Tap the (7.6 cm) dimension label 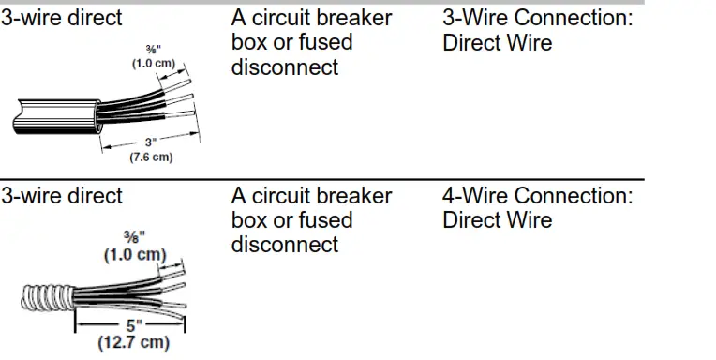click(x=150, y=157)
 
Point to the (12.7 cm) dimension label click(x=133, y=342)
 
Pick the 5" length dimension click(x=132, y=326)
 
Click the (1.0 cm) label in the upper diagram click(x=153, y=63)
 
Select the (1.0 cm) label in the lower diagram click(x=132, y=255)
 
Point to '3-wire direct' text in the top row click(x=62, y=18)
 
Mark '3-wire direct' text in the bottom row click(x=62, y=196)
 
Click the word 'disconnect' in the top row click(x=284, y=67)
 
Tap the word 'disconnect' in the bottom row click(x=284, y=245)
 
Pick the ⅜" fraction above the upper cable click(x=152, y=50)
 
